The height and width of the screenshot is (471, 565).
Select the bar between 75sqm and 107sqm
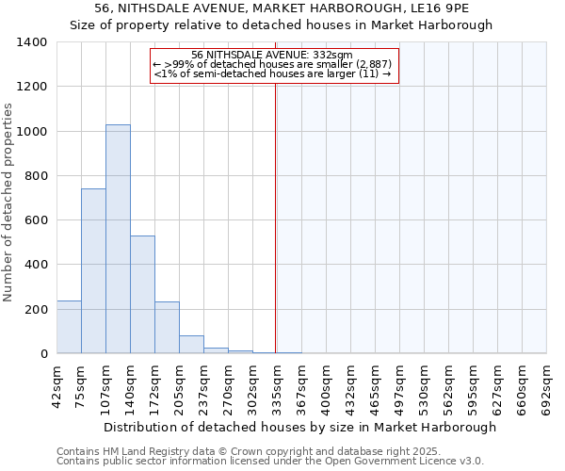pyautogui.click(x=93, y=271)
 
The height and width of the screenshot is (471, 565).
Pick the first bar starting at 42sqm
pyautogui.click(x=69, y=327)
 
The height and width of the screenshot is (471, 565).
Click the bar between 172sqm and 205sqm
pyautogui.click(x=167, y=328)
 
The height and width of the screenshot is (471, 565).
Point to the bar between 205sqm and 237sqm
pyautogui.click(x=191, y=345)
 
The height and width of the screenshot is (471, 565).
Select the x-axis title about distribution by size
pyautogui.click(x=299, y=427)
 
